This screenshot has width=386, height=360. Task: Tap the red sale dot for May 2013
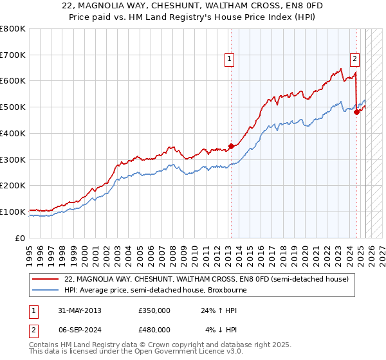click(231, 146)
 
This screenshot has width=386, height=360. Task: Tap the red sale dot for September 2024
click(356, 112)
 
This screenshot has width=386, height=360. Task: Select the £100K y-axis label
click(13, 212)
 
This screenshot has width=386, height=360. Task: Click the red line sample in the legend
click(45, 279)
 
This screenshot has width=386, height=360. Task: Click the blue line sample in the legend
click(45, 290)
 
